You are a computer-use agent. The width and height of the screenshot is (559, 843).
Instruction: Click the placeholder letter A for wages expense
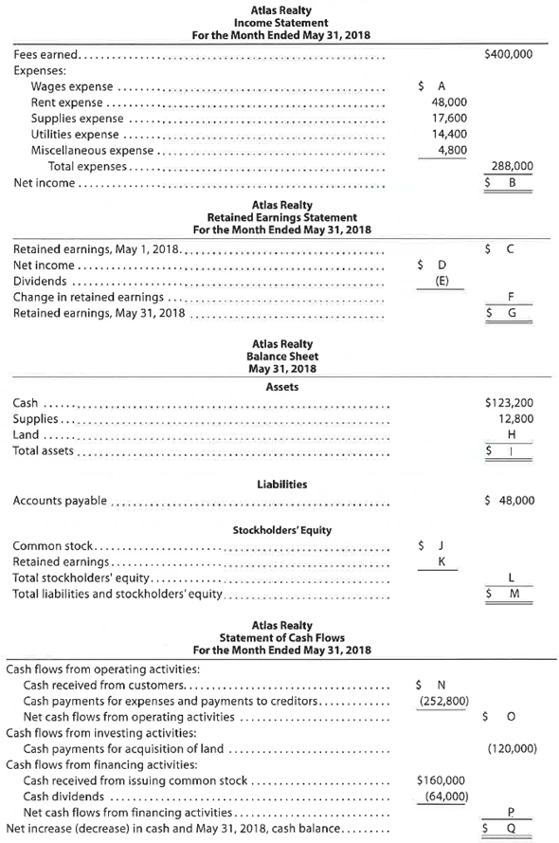pyautogui.click(x=438, y=85)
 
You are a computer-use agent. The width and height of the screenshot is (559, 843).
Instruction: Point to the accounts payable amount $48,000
pyautogui.click(x=508, y=500)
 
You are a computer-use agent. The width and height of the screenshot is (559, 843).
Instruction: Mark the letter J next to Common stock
pyautogui.click(x=438, y=546)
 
